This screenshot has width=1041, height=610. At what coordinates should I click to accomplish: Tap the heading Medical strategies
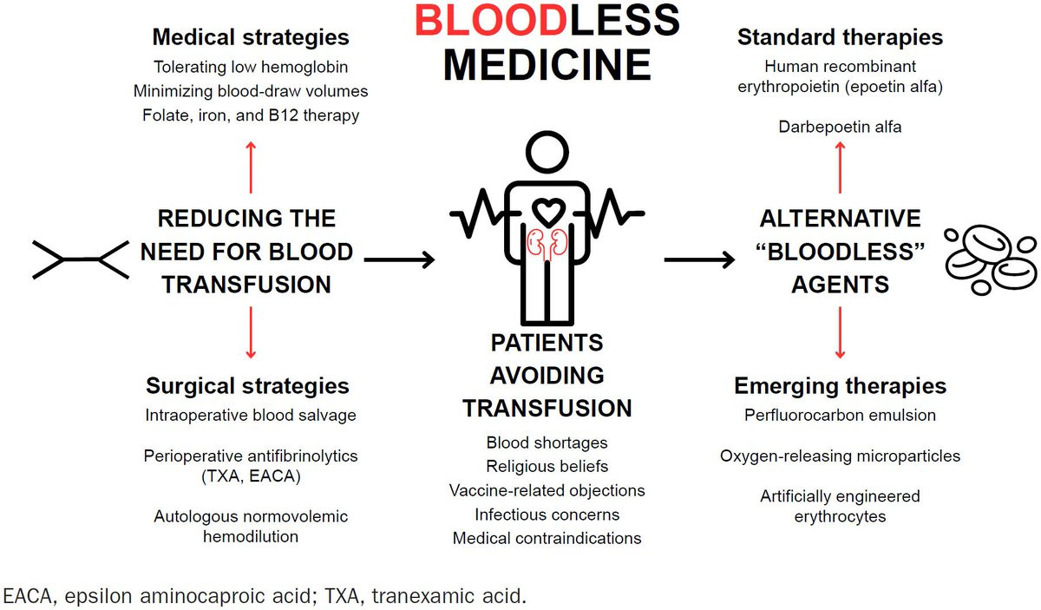[251, 37]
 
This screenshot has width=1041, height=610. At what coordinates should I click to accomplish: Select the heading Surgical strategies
[247, 385]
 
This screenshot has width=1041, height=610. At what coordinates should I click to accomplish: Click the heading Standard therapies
[840, 37]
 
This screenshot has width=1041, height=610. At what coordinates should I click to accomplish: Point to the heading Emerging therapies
[840, 385]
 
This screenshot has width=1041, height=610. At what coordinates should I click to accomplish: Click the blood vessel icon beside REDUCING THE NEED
[80, 259]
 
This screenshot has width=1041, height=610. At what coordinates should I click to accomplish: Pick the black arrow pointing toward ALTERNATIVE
[700, 259]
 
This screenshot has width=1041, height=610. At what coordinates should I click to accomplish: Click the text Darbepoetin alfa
[840, 127]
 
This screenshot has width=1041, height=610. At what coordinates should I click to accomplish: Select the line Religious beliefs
[547, 467]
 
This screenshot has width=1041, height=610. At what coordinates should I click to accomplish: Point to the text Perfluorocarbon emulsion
[840, 415]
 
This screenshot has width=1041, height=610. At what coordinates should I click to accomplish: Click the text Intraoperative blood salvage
[251, 415]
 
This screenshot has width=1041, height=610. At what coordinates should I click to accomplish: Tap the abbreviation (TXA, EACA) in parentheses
[251, 475]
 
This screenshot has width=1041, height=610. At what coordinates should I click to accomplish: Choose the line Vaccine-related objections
[547, 490]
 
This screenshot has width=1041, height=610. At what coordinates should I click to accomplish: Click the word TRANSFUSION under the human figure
[547, 408]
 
